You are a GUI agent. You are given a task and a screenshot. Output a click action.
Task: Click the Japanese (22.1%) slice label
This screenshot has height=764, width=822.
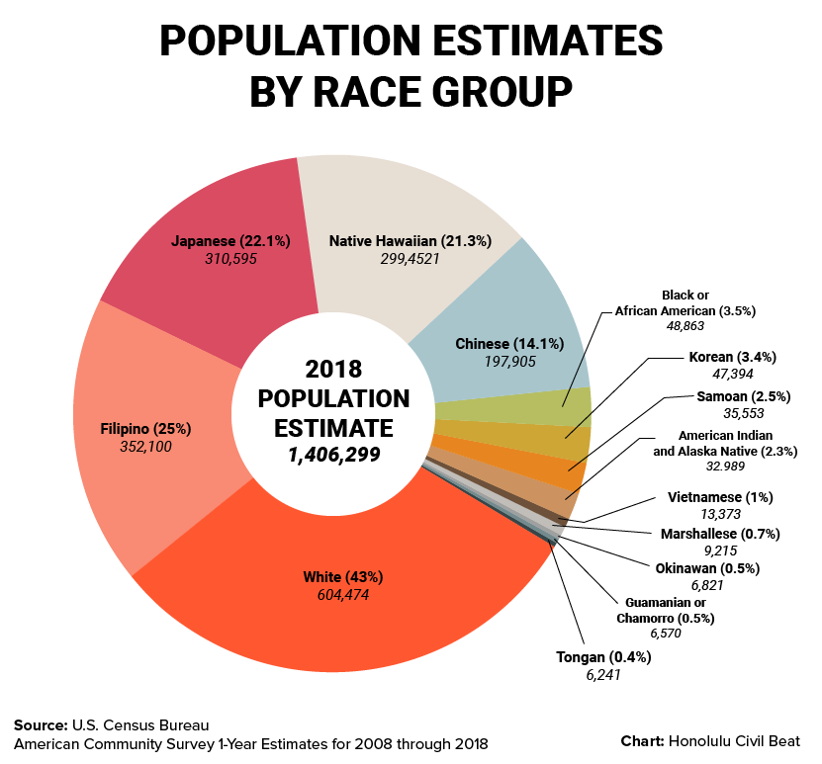pos(230,240)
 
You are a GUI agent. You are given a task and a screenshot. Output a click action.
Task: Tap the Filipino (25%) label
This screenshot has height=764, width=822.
pos(145,429)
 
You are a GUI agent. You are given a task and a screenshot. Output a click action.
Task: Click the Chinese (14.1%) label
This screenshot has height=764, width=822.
pos(509,344)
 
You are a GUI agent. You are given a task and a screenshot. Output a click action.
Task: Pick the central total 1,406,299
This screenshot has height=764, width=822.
pos(327,455)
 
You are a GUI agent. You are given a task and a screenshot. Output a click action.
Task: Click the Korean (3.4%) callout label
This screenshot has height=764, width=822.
pos(725,356)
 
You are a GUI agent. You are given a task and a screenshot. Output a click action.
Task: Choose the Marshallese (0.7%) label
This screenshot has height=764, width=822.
pos(720,534)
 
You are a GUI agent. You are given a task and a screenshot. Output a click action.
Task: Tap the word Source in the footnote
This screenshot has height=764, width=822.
pos(41,723)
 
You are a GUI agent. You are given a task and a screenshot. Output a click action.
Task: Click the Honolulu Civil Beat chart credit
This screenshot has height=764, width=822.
pos(734,740)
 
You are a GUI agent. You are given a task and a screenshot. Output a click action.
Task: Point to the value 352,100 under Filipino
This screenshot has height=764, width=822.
pos(145,448)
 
